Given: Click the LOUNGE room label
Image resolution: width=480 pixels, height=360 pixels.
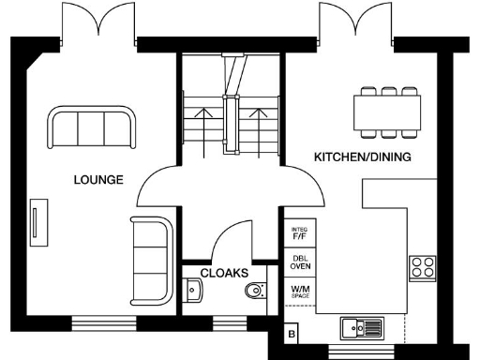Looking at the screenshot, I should (x=98, y=180).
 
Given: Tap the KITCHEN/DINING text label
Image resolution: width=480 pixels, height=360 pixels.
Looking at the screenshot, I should (x=362, y=157).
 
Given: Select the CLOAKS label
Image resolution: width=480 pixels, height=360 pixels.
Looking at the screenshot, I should (x=224, y=273).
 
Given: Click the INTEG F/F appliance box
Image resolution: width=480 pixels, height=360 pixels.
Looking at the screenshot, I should (x=300, y=232).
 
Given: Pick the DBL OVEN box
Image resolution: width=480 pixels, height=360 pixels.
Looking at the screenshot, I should (x=300, y=261).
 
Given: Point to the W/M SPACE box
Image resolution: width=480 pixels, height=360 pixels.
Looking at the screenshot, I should (x=300, y=291).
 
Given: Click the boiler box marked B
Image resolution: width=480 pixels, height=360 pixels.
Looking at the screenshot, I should (x=292, y=334).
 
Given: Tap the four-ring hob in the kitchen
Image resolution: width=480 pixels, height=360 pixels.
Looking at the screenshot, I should (x=422, y=267).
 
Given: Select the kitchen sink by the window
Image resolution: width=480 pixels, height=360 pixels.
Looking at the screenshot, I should (x=362, y=327).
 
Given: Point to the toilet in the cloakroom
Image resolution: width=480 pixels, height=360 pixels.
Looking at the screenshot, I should (x=254, y=292).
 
